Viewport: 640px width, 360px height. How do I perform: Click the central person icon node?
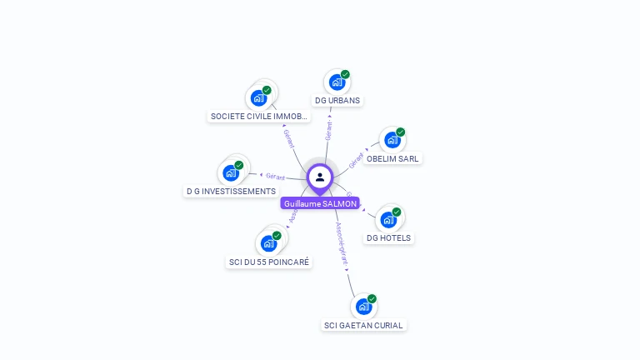point(320,177)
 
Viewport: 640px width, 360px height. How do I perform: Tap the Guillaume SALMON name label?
point(320,203)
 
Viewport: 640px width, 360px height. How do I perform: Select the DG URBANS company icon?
point(337,82)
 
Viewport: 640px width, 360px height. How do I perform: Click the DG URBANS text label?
point(337,100)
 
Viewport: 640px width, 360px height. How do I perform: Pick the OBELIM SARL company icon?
point(392,140)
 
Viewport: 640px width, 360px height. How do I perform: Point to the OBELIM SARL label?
point(393,158)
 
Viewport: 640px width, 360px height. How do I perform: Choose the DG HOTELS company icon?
point(388,220)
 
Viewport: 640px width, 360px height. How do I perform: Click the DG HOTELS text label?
point(388,237)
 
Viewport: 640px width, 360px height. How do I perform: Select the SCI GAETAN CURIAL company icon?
point(363,307)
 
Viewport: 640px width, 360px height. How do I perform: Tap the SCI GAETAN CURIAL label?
point(363,325)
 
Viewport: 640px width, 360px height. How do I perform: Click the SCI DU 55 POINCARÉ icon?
point(268,243)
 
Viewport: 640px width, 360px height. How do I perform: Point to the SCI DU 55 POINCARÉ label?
point(269,262)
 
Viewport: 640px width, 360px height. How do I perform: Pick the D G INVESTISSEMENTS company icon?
point(231,173)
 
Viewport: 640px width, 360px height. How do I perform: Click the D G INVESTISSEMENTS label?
point(231,191)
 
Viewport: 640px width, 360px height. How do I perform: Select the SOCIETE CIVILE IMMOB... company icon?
point(259,97)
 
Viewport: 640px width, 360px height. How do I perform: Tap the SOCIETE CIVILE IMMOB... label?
point(259,116)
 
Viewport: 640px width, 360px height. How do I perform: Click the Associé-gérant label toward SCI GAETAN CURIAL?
point(342,242)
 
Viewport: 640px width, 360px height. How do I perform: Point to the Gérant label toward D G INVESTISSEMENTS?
point(275,177)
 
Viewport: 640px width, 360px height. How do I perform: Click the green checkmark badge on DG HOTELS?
point(397,212)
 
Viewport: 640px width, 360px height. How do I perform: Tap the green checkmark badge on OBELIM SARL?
point(400,132)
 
